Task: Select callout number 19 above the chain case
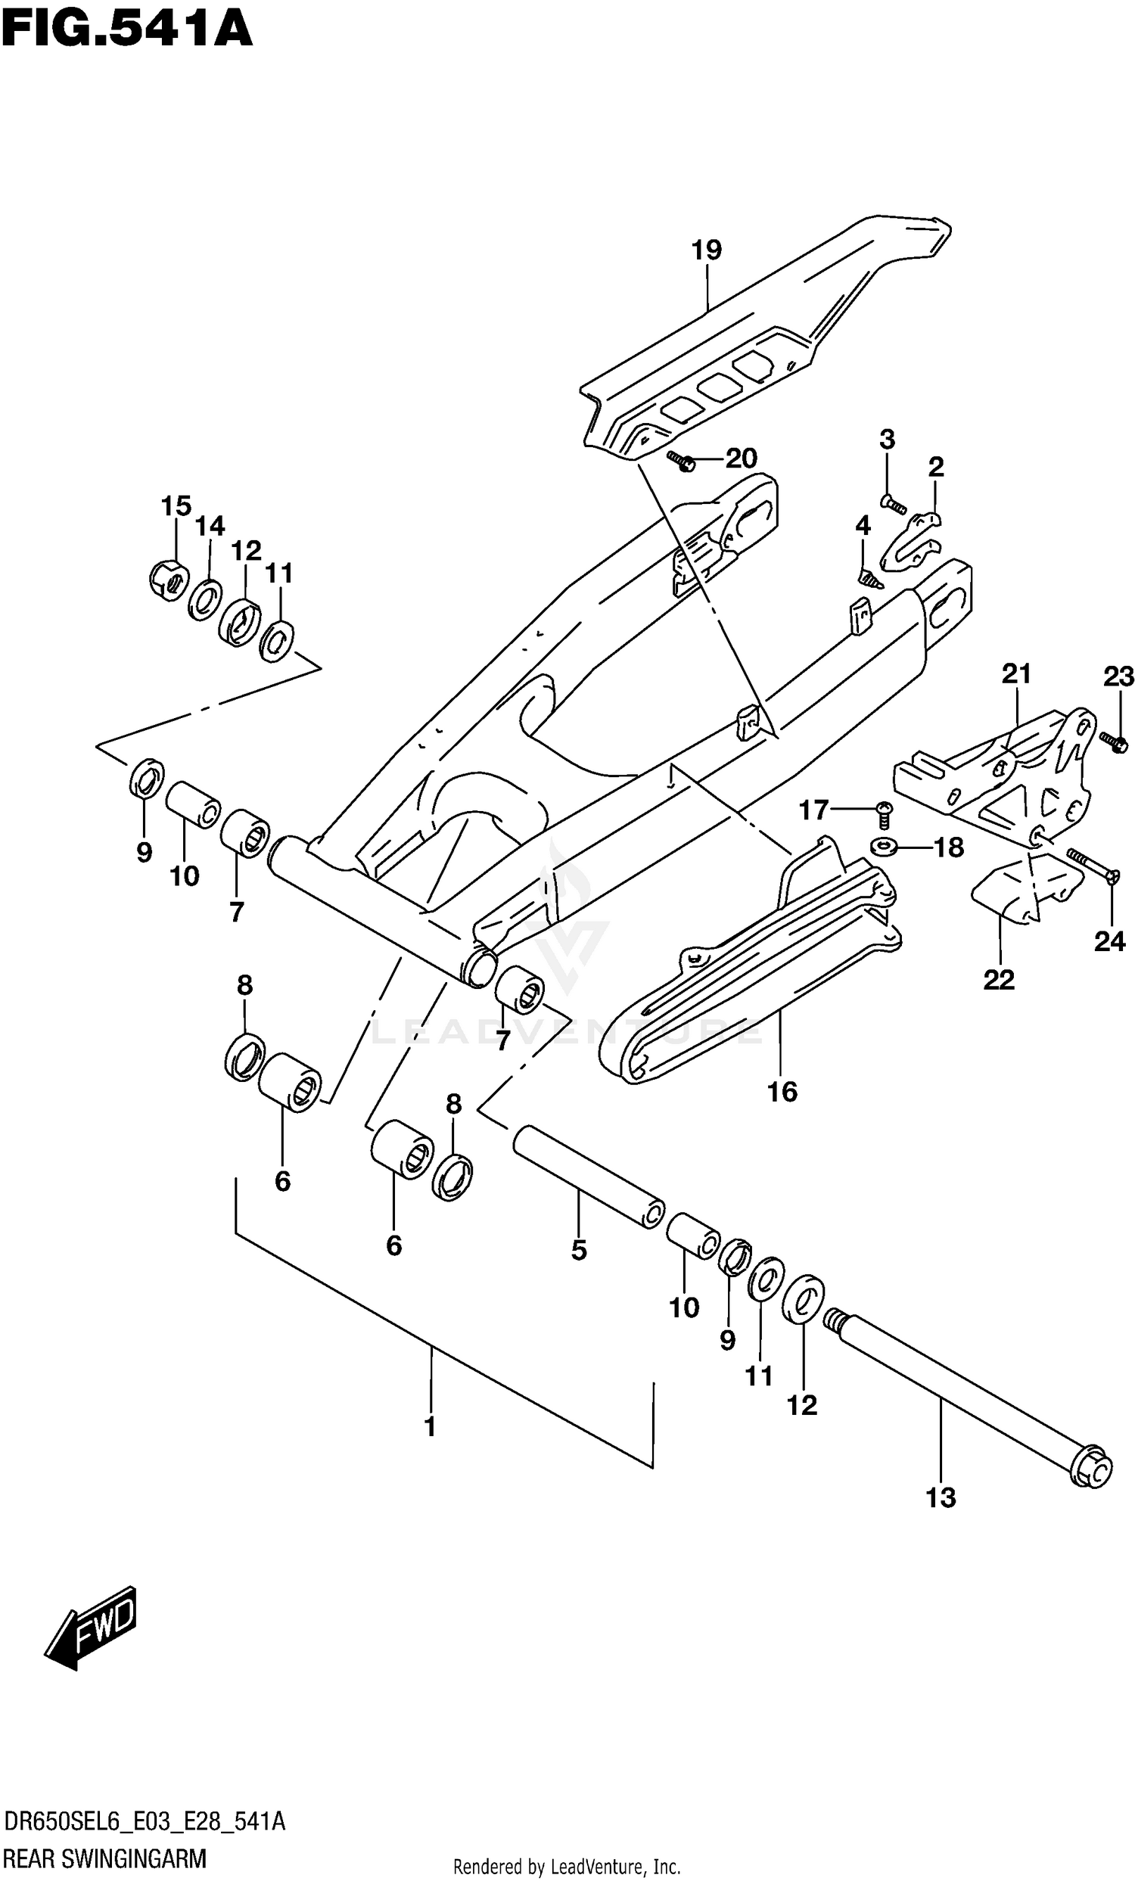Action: pos(706,250)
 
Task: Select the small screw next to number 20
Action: pos(679,460)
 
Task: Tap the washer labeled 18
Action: pos(884,847)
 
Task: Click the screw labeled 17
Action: pos(883,815)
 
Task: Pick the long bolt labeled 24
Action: pos(1090,866)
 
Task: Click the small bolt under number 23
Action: pos(1114,742)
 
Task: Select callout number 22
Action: pos(998,979)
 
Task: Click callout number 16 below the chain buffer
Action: pos(782,1092)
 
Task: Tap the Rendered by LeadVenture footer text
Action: pos(566,1867)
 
